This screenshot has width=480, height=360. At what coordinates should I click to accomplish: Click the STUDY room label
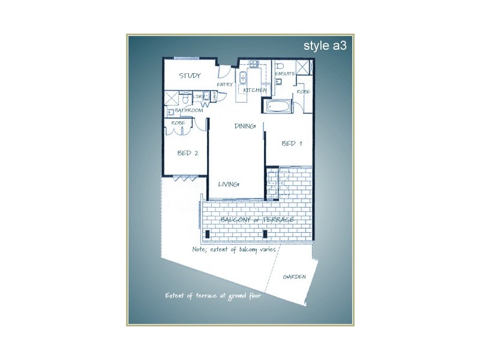pos(190,76)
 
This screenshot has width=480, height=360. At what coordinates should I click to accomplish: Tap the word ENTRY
pos(224,85)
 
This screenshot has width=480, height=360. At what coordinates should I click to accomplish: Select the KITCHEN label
pos(254,91)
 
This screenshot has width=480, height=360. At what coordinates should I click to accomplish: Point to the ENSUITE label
pos(284,74)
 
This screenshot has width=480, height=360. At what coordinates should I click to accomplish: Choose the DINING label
pos(245,127)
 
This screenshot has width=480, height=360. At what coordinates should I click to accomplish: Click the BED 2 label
pos(187,153)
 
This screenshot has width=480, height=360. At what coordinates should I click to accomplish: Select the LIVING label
pos(229,184)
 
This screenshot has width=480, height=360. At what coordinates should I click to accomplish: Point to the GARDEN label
pos(295,277)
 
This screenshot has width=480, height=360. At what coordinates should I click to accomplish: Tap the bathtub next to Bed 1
pos(278,107)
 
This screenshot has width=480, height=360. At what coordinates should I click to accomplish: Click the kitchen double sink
pos(243,77)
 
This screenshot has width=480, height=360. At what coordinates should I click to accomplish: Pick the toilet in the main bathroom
pos(187,98)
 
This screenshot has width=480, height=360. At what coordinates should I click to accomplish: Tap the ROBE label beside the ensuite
pos(303,92)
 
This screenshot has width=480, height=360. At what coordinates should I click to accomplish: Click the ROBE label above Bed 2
pos(178,123)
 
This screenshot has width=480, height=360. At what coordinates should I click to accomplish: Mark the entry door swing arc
pos(223,71)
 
